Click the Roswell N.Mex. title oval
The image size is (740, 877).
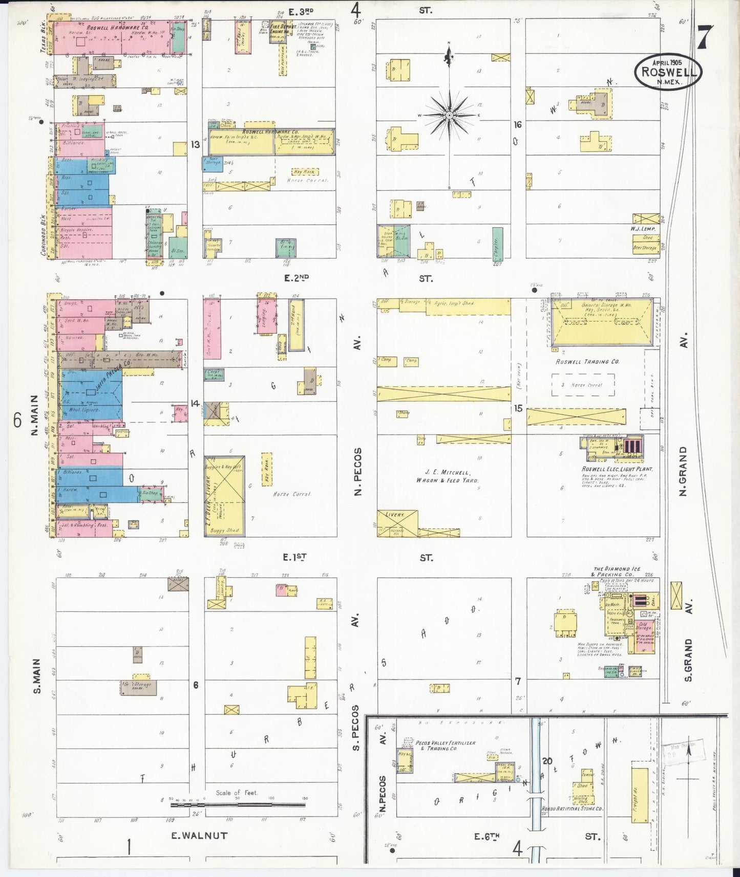(668, 72)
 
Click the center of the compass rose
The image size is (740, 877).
(449, 115)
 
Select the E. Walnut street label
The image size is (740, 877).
(199, 836)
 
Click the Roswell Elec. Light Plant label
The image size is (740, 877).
(617, 469)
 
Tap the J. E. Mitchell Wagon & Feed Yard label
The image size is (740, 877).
(447, 476)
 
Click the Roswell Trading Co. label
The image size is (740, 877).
(587, 362)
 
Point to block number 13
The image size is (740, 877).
(195, 145)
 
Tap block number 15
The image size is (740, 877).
(518, 408)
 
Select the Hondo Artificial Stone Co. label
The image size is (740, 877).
(572, 809)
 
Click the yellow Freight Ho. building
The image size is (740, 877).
(639, 794)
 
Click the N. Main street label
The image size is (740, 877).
(35, 415)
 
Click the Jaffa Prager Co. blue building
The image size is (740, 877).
(91, 394)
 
